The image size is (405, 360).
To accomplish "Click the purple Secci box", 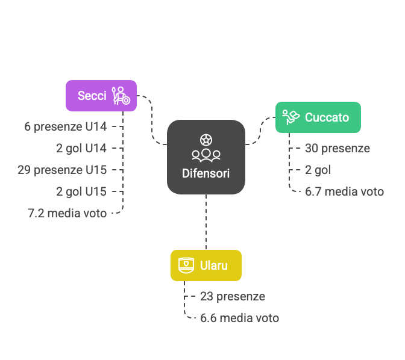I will coord(101,96).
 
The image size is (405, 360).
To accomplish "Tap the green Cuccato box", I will coord(318,117).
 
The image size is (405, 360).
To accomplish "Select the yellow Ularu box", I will coord(206,265).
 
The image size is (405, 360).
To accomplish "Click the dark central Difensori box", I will coord(206,157).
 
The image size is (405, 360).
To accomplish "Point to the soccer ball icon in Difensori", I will coord(206,140).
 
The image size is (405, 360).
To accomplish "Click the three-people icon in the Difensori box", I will coord(206,155).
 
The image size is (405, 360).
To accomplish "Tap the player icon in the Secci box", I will coord(121,96).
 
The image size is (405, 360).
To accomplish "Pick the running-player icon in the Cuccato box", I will coord(290,117).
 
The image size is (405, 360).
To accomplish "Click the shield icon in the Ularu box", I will coord(186,265).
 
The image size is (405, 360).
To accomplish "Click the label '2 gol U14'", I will coord(81,148).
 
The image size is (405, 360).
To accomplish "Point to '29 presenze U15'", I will coord(62,170).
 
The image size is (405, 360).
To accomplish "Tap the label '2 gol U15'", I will coord(81,191).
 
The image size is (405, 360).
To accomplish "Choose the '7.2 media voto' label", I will coord(67,213).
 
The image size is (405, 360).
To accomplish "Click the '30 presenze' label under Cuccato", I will coord(337,148).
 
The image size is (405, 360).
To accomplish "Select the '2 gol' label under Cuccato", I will coord(318,170).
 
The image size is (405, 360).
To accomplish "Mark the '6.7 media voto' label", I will coord(344,191).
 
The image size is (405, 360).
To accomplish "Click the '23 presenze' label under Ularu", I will coord(233,296).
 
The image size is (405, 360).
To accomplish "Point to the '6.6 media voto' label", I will coord(239,318).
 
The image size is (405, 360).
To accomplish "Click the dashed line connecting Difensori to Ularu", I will coord(206,222).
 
